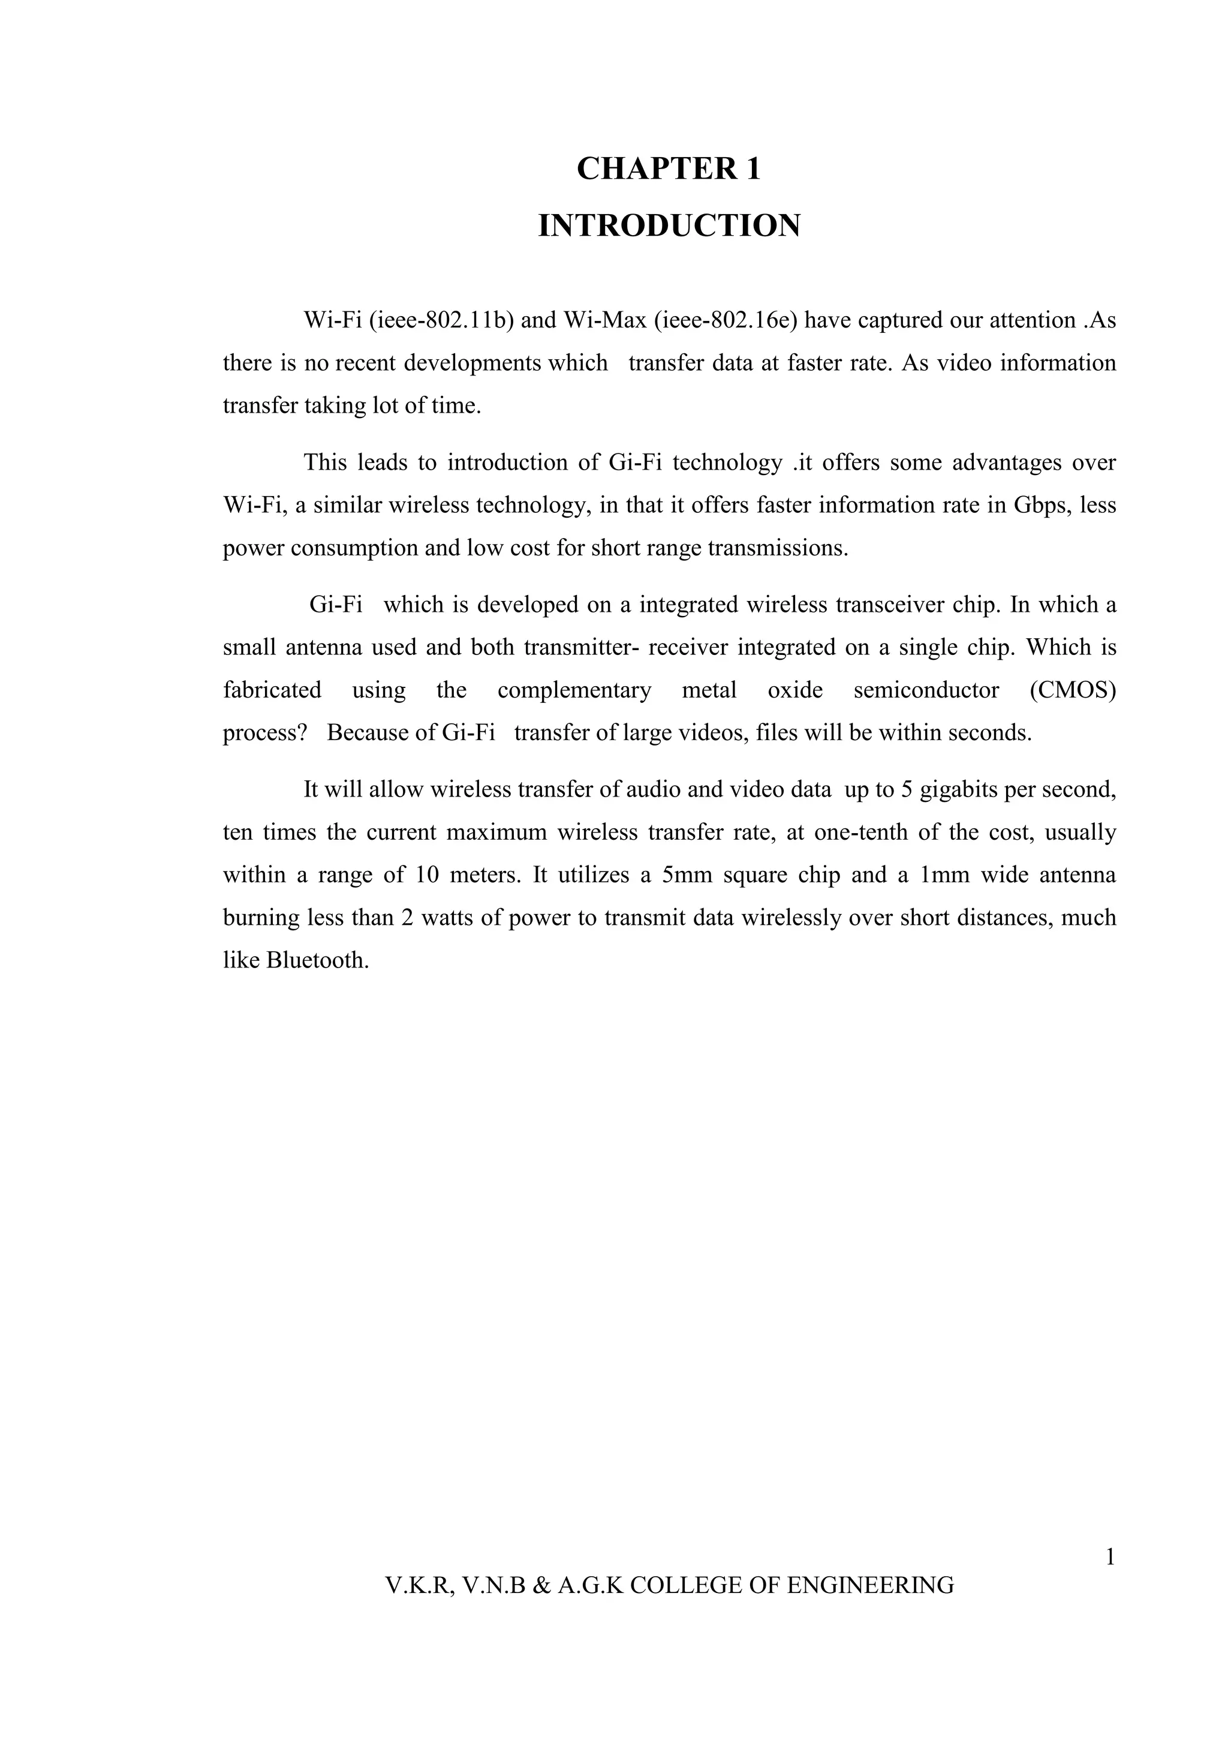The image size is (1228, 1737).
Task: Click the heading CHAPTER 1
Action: click(669, 168)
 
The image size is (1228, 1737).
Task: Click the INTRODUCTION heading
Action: click(669, 226)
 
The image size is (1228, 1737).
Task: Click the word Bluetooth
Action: click(318, 960)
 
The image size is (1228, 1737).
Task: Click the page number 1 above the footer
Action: click(1110, 1558)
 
